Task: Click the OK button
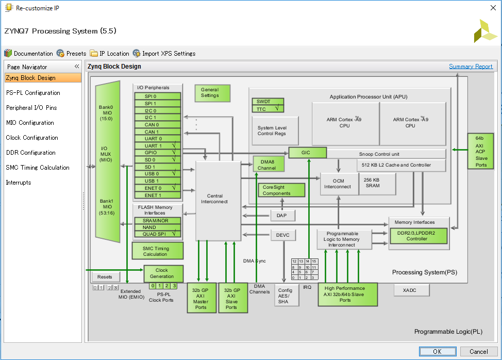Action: click(x=437, y=351)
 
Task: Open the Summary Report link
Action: click(x=471, y=67)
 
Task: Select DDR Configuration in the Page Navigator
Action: click(x=30, y=153)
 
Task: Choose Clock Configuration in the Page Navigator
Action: click(x=31, y=138)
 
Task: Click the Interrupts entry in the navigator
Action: click(x=19, y=183)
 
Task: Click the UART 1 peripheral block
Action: click(x=158, y=146)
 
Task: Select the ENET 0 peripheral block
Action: click(x=158, y=188)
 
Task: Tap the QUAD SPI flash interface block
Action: click(x=158, y=234)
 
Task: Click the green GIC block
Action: click(x=307, y=153)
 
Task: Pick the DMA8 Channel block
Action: click(x=268, y=165)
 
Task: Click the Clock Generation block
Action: click(x=163, y=273)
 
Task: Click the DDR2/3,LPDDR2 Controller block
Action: click(x=418, y=236)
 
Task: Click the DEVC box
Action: click(x=283, y=235)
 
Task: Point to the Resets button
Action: click(x=105, y=277)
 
